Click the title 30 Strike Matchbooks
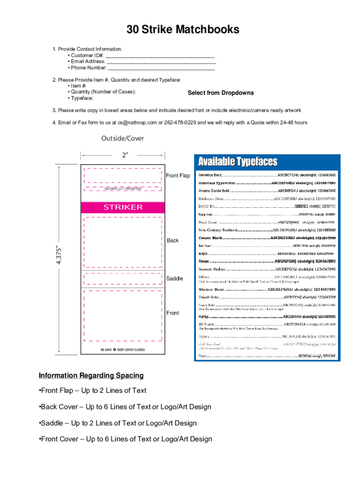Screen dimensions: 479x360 (x=183, y=30)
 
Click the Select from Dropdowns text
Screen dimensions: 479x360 (x=221, y=93)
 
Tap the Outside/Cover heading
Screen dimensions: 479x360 (x=122, y=138)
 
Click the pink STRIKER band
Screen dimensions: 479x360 (x=123, y=207)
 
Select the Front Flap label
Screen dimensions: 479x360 (x=178, y=175)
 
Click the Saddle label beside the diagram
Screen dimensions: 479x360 (x=175, y=279)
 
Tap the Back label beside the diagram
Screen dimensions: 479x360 (x=173, y=240)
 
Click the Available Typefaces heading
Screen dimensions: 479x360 (x=238, y=162)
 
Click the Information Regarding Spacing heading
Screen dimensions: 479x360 (x=91, y=376)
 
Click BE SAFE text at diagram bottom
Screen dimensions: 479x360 (x=107, y=349)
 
